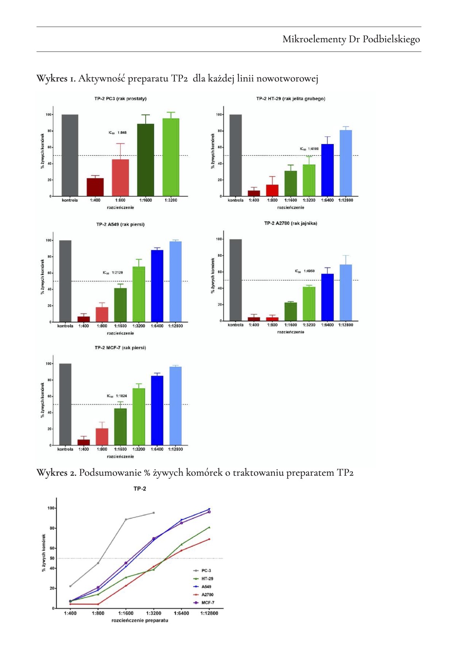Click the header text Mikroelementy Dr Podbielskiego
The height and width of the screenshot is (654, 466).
pyautogui.click(x=351, y=39)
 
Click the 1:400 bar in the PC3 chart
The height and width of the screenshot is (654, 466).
pyautogui.click(x=95, y=187)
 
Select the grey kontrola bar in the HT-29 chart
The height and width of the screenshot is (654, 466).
pyautogui.click(x=235, y=155)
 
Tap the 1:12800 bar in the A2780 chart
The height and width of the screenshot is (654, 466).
pyautogui.click(x=346, y=293)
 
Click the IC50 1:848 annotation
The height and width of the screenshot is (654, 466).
pyautogui.click(x=118, y=133)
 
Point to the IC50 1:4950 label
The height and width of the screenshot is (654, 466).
pyautogui.click(x=305, y=271)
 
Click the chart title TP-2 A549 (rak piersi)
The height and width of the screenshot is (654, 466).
pyautogui.click(x=120, y=224)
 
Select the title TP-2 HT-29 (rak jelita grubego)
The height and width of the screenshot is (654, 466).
pyautogui.click(x=290, y=99)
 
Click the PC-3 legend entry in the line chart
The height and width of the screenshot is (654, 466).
pyautogui.click(x=206, y=571)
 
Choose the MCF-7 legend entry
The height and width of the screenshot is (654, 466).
pyautogui.click(x=207, y=603)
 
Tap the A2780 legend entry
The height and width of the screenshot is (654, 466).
pyautogui.click(x=207, y=595)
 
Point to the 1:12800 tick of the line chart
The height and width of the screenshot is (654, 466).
pyautogui.click(x=209, y=613)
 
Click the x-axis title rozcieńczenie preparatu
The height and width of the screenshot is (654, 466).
pyautogui.click(x=140, y=620)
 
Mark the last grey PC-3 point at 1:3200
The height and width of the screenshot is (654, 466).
pyautogui.click(x=154, y=513)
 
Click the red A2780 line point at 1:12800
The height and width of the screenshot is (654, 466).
pyautogui.click(x=209, y=539)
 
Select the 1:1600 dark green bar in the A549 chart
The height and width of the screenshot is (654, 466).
pyautogui.click(x=120, y=305)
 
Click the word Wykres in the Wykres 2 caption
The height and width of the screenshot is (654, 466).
pyautogui.click(x=50, y=473)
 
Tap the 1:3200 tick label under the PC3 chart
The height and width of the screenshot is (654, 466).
pyautogui.click(x=171, y=200)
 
